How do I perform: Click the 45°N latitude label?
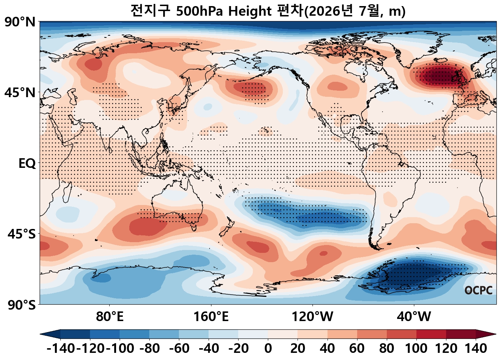tap(20, 92)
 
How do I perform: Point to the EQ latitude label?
tap(27, 164)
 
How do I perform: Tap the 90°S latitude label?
tap(21, 305)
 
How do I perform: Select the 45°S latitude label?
tap(21, 234)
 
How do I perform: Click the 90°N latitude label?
tap(20, 22)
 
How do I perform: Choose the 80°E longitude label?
tap(110, 316)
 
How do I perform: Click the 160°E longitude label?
tap(211, 316)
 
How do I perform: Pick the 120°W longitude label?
tap(312, 316)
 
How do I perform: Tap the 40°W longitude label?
tap(414, 316)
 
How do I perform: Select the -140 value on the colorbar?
tap(60, 348)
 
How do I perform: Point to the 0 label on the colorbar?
tap(268, 348)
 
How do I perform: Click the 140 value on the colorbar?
tap(476, 348)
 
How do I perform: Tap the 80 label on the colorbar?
tap(386, 348)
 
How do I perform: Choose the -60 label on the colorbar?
tap(179, 348)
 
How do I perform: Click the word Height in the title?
tap(250, 11)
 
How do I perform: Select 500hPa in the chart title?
tap(199, 11)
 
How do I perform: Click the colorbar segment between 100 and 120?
tap(431, 334)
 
